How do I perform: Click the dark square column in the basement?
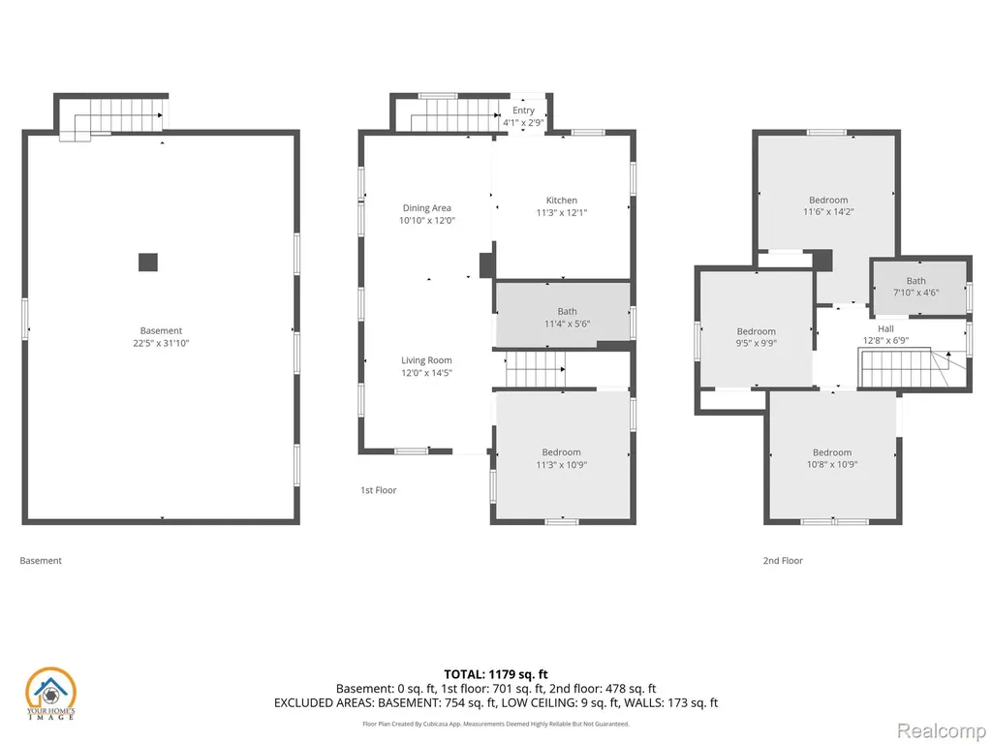coord(148,262)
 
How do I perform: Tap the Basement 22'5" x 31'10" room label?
coord(161,336)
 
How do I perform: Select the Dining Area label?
coord(427,207)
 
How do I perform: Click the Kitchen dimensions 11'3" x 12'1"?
coord(561,213)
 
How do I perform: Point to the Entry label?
coord(523,110)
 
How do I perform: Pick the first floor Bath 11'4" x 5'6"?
coord(567,318)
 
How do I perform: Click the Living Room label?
coord(426,360)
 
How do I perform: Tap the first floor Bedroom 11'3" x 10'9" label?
coord(561,458)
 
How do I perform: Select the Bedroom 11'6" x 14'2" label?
coord(828,205)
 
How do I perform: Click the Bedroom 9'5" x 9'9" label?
coord(756,337)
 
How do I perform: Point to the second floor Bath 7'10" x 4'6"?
coord(915,287)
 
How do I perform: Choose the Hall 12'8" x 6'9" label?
coord(885,334)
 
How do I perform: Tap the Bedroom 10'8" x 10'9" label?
coord(832,458)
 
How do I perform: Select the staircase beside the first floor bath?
coord(535,369)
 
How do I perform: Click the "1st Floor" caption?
coord(379,490)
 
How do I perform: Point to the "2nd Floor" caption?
coord(783,561)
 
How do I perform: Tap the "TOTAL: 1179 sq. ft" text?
coord(496,674)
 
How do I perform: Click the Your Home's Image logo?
coord(50,694)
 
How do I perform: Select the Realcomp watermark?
coord(941,730)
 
